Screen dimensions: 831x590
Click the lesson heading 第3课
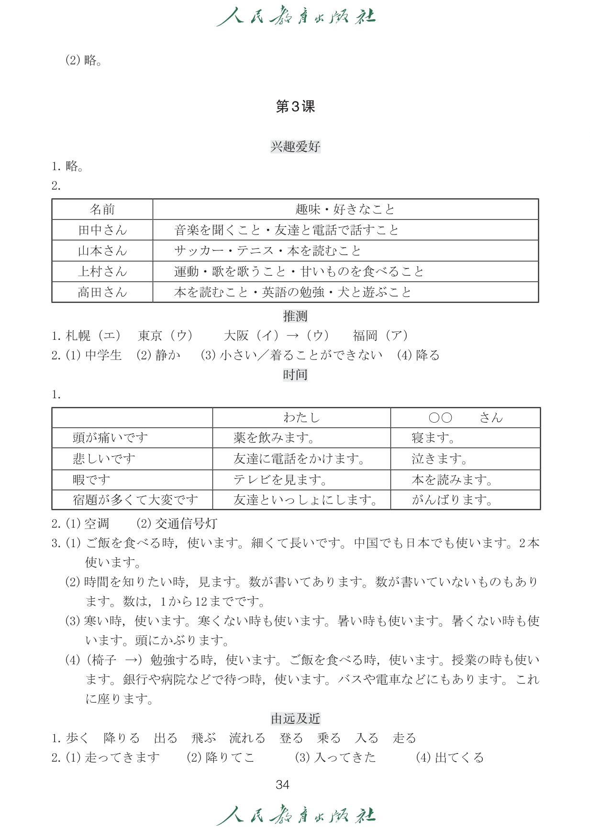[295, 107]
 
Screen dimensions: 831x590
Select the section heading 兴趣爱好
[295, 146]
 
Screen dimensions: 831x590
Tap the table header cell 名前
[102, 209]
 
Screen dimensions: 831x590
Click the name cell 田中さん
[102, 230]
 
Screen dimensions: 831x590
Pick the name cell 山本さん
[102, 251]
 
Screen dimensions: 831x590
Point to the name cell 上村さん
[102, 271]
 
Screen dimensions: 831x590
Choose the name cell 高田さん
[102, 292]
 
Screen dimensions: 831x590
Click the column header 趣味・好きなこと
[345, 209]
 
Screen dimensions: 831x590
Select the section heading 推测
[295, 316]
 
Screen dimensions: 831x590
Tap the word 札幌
[78, 336]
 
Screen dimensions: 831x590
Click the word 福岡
[365, 336]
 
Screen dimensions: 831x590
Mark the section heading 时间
[295, 375]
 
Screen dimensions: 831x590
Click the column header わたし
[301, 418]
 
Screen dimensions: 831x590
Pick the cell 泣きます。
[439, 459]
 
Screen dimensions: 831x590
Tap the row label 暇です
[91, 480]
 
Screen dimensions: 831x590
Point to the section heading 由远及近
[295, 719]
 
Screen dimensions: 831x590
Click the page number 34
[283, 785]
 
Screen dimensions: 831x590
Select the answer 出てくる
[459, 758]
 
